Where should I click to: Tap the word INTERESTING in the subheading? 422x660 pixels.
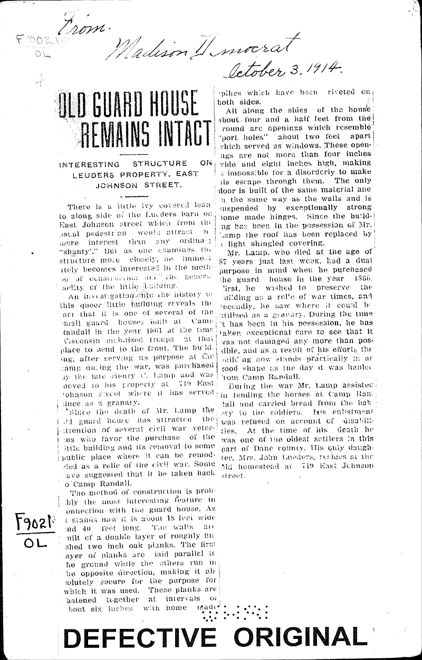tap(88, 164)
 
